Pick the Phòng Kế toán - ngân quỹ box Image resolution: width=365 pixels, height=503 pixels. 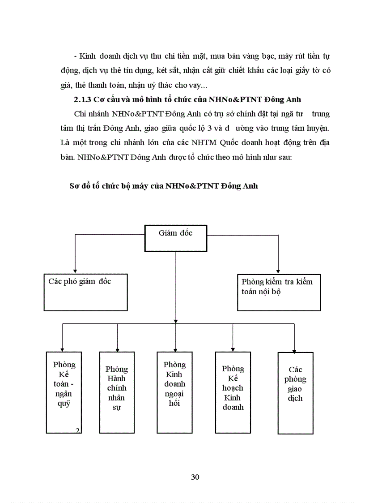pyautogui.click(x=64, y=392)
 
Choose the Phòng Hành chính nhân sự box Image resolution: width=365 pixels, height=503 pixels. pyautogui.click(x=117, y=392)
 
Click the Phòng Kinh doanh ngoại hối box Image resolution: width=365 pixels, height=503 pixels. pyautogui.click(x=174, y=392)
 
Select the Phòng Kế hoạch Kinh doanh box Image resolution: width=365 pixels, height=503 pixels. pyautogui.click(x=233, y=392)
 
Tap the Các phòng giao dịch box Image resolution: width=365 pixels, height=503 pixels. pyautogui.click(x=295, y=393)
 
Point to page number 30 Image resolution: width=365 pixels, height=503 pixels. pyautogui.click(x=195, y=477)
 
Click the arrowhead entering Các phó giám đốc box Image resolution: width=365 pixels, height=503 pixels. pyautogui.click(x=75, y=271)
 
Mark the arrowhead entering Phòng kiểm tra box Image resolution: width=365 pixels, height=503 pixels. pyautogui.click(x=278, y=271)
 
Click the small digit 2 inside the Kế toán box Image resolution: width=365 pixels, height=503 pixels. pyautogui.click(x=77, y=430)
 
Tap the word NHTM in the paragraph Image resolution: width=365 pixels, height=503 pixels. pyautogui.click(x=176, y=142)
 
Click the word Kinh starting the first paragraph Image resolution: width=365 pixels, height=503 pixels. pyautogui.click(x=86, y=56)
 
